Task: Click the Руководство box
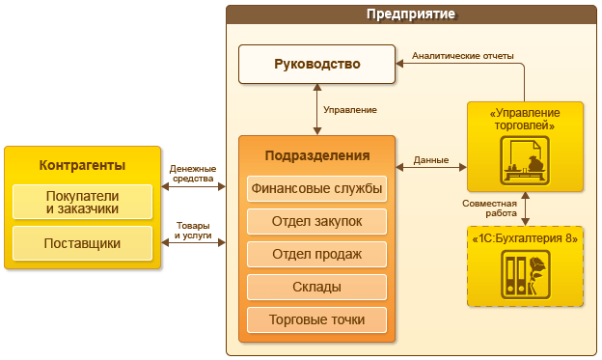click(316, 65)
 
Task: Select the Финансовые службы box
click(316, 188)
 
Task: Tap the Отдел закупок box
click(316, 221)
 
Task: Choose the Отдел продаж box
click(316, 254)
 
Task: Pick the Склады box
click(316, 287)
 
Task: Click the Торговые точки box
click(316, 319)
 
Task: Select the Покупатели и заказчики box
click(82, 202)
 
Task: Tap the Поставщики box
click(82, 243)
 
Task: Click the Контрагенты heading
click(82, 164)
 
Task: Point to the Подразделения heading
click(316, 155)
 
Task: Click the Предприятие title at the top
click(411, 14)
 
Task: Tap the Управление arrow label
click(349, 110)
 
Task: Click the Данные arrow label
click(430, 160)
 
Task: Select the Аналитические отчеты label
click(463, 56)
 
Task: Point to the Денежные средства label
click(193, 174)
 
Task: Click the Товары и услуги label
click(193, 231)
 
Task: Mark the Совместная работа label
click(489, 208)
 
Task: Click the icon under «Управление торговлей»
click(525, 160)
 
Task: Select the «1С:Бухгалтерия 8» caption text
click(525, 238)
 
